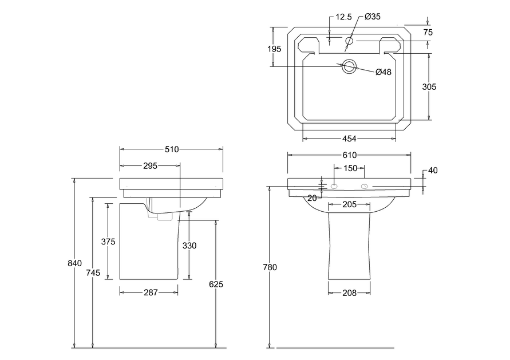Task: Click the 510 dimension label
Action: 172,149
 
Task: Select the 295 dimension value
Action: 151,166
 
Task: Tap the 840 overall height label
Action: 75,263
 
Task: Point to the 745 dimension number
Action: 93,273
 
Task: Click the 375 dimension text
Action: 108,242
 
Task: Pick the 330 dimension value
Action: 189,246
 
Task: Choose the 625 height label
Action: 216,284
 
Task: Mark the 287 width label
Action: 151,292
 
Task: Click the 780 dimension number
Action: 270,267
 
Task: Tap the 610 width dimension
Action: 350,155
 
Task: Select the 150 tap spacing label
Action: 350,168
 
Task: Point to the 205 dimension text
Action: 350,204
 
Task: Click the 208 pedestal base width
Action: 350,293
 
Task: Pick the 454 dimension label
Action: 349,139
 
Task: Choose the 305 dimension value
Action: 429,87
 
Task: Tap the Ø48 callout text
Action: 384,72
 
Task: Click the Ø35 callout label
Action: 373,16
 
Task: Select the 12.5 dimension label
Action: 344,17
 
